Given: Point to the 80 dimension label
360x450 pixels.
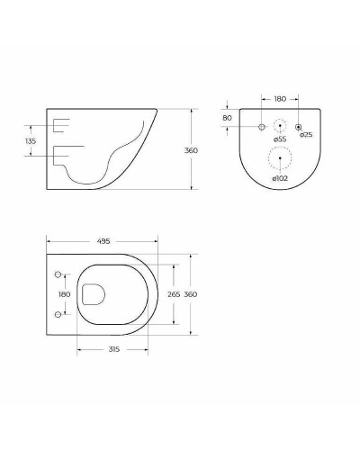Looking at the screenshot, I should tap(227, 117).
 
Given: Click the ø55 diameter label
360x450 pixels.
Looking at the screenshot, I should tap(280, 139).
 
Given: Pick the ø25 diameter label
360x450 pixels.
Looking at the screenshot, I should tap(306, 135).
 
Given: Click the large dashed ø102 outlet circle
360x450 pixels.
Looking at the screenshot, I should tap(281, 158).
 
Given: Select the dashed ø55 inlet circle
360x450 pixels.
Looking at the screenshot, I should tap(281, 127).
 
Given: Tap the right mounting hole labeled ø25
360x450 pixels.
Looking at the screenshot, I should tap(299, 127).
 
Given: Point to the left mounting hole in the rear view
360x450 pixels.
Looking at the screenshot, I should tap(262, 127).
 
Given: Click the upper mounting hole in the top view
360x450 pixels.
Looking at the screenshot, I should tap(58, 273).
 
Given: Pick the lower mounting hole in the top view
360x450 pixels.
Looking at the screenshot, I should tap(58, 313).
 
